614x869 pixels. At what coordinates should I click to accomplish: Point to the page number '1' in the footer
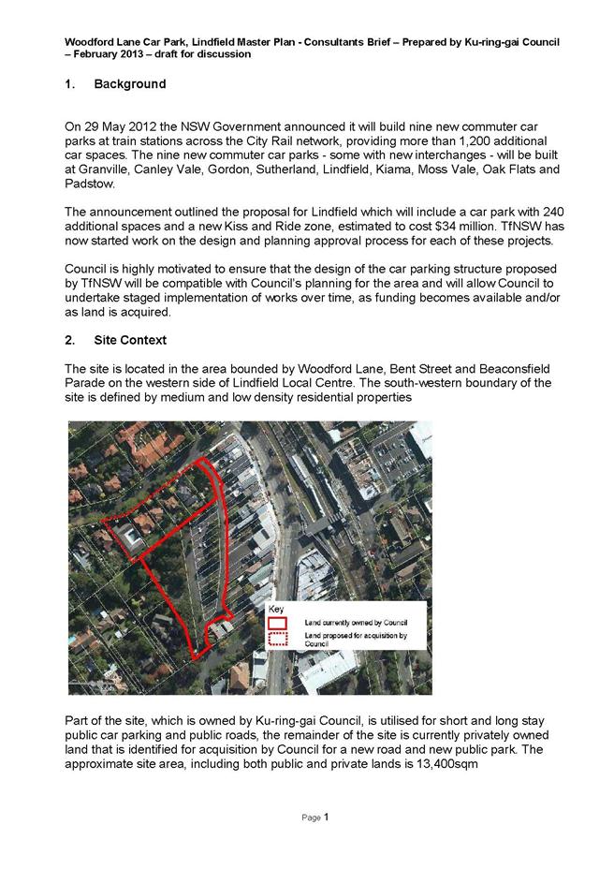tap(327, 817)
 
